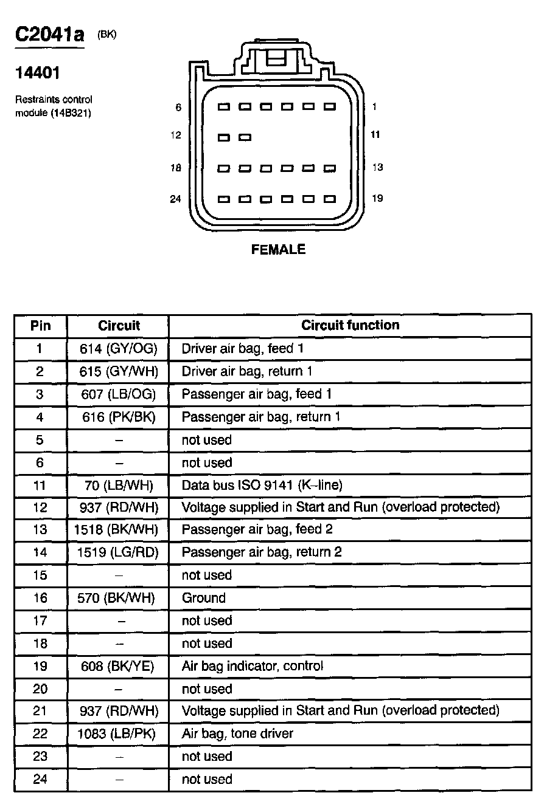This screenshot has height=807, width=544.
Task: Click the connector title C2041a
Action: click(x=50, y=35)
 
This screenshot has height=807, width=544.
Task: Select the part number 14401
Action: click(x=37, y=73)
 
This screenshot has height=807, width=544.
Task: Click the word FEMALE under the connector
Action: click(x=278, y=250)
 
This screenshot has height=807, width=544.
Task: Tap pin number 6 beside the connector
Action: click(x=178, y=108)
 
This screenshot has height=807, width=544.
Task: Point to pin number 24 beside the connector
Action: click(x=176, y=199)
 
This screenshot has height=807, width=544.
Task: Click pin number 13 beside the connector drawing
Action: click(x=377, y=167)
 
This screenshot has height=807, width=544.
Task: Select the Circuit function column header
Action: click(x=350, y=325)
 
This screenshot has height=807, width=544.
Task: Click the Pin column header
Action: click(x=40, y=326)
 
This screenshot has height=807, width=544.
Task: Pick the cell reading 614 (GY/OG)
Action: click(x=118, y=348)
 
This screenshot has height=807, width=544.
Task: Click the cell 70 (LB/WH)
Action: click(x=118, y=485)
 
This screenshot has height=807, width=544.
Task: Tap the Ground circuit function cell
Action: click(x=204, y=598)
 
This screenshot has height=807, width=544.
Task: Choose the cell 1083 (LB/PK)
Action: click(x=117, y=733)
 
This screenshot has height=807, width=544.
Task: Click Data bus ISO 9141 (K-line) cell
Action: click(x=262, y=485)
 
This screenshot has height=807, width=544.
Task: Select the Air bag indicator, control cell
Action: click(x=253, y=666)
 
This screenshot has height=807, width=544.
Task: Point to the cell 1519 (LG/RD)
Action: click(x=118, y=552)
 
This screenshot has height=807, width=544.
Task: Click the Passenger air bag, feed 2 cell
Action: click(x=257, y=529)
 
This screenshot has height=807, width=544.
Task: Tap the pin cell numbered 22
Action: click(x=40, y=734)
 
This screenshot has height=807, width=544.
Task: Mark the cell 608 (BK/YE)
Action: click(x=117, y=666)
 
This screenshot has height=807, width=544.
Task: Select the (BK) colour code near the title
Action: click(x=106, y=35)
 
